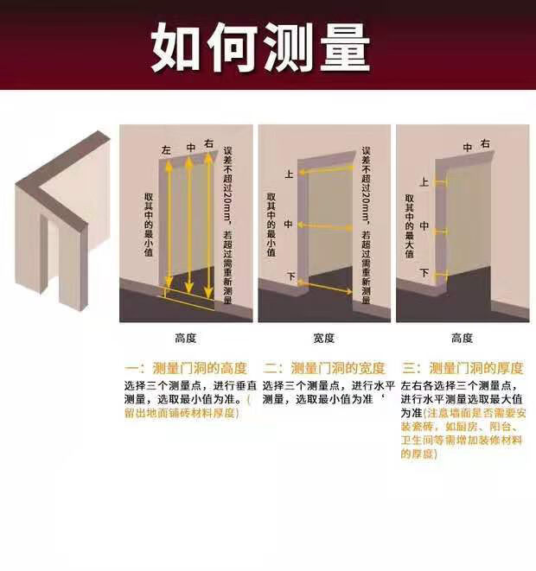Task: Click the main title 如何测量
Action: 260,48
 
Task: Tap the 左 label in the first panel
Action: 166,150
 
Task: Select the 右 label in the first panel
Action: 208,144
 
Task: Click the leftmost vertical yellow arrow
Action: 169,224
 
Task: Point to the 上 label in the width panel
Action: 289,174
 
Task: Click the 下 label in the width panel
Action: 291,276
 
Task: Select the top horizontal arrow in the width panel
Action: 326,169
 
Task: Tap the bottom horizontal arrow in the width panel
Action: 325,286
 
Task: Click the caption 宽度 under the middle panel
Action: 323,339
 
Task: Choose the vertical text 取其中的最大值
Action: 410,225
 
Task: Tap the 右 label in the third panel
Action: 485,144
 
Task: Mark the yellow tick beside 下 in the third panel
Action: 441,275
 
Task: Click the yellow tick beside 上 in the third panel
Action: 441,181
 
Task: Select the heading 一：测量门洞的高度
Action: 186,368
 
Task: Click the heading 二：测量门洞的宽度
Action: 324,368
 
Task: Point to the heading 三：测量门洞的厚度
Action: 463,368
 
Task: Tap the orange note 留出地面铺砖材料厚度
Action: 182,413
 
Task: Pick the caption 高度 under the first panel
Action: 186,339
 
